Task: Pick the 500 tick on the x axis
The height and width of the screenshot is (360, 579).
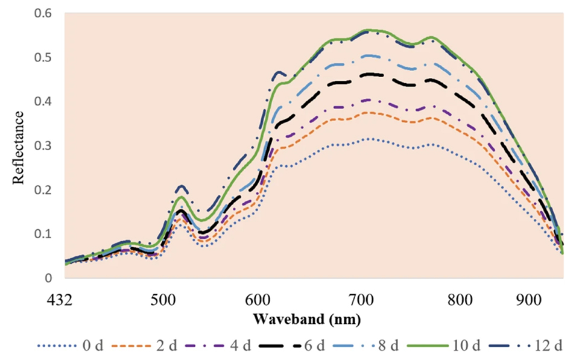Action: [162, 300]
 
